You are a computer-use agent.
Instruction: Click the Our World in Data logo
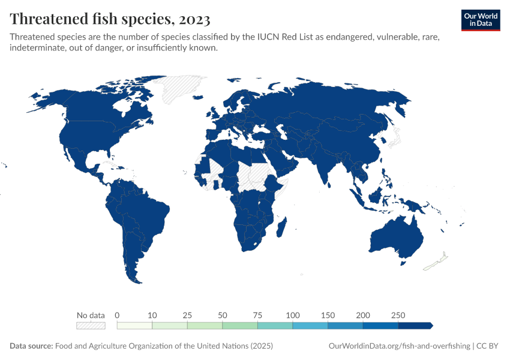(x=480, y=19)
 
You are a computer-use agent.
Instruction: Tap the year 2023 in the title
(x=194, y=19)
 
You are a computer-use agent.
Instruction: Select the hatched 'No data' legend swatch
(x=91, y=325)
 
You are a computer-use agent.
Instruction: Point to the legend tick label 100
(x=293, y=315)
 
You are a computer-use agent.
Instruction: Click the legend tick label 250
(x=398, y=315)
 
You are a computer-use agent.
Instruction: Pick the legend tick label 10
(x=152, y=315)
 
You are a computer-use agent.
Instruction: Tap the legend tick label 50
(x=223, y=315)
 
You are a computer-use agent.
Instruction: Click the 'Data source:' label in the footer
(x=31, y=346)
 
